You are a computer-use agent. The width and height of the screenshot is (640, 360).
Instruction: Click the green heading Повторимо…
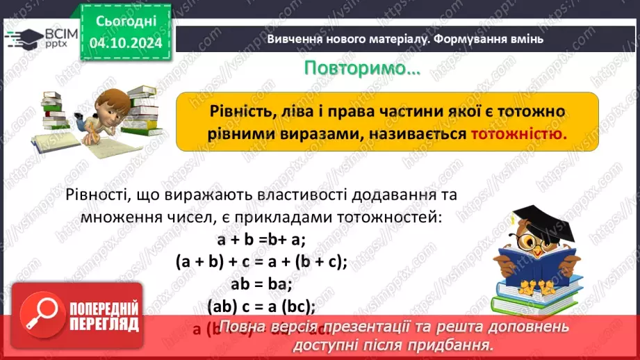pos(362,69)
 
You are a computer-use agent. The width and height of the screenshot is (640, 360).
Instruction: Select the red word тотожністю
pos(519,134)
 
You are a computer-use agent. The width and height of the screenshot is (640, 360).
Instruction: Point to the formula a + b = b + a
pos(261,240)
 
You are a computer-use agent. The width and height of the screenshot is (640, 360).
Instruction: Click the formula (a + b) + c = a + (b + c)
pos(261,261)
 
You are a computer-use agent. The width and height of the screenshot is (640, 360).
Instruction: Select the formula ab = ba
pos(261,284)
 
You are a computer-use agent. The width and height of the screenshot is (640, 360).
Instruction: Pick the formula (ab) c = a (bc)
pos(261,305)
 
